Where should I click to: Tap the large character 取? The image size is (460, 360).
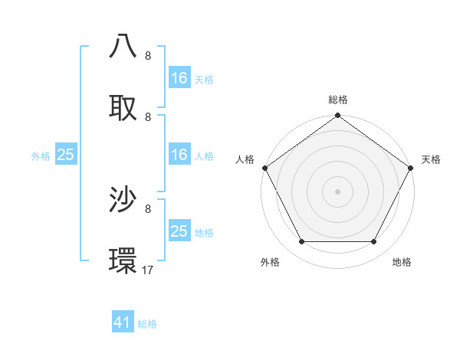(123, 106)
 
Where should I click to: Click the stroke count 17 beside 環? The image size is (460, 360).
(149, 270)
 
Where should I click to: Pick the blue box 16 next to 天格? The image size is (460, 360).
(179, 78)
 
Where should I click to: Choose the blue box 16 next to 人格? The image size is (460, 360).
(179, 155)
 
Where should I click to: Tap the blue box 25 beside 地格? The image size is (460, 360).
(179, 231)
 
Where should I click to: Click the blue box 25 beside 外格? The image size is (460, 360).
(66, 155)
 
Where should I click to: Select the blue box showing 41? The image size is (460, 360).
(123, 323)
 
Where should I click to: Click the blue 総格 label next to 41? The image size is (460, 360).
(147, 324)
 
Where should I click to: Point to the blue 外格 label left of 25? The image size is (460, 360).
(41, 155)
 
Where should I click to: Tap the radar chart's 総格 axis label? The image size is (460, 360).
(338, 100)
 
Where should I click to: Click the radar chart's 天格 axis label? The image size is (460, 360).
(431, 159)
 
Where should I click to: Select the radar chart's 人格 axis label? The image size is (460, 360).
(245, 159)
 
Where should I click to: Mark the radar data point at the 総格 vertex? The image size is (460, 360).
(337, 116)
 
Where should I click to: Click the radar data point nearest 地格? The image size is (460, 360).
(374, 242)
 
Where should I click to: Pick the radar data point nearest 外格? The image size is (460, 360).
(301, 242)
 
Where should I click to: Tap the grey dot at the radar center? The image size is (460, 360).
(337, 191)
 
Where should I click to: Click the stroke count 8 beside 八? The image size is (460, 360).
(148, 55)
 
